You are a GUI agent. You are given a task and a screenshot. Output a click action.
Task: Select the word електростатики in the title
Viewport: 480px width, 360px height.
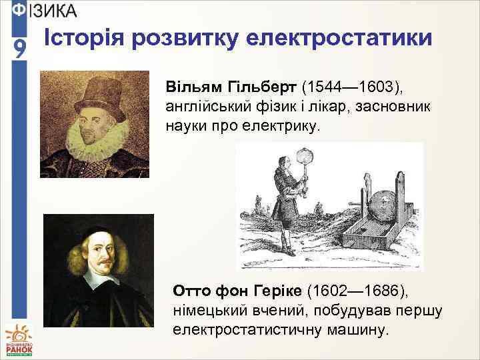click(x=341, y=39)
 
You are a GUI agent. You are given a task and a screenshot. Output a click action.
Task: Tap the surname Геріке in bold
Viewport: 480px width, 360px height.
click(x=275, y=291)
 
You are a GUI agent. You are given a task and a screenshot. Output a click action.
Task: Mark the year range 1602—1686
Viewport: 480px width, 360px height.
click(x=362, y=291)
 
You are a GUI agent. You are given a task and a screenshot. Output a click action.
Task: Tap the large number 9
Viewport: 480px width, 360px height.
click(x=20, y=49)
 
